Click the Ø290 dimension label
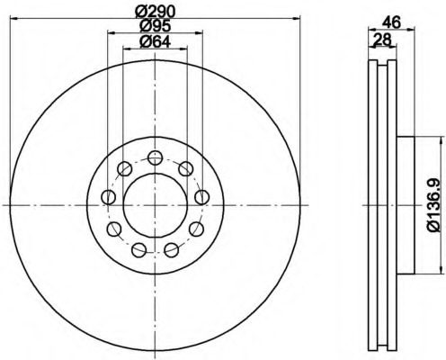(155, 12)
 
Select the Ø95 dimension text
(155, 26)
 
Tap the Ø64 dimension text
(155, 41)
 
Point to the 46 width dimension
(391, 22)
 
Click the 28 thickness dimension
(383, 40)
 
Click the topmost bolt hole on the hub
(155, 157)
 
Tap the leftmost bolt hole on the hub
(109, 197)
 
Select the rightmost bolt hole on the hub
(201, 197)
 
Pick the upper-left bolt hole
(125, 168)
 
